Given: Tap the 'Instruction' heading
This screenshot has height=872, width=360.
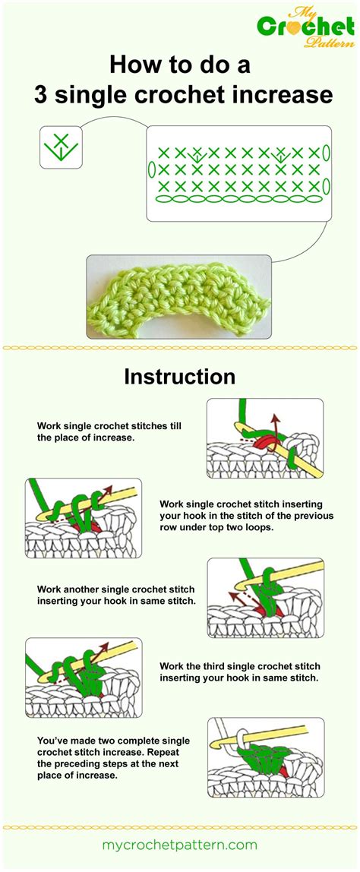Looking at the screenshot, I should point(180,377).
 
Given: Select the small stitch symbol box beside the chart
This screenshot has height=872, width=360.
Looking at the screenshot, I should point(61,147).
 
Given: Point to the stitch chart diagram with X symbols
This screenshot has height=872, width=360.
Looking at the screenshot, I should point(239,173).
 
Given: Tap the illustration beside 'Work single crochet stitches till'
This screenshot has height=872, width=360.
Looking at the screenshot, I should point(264,438).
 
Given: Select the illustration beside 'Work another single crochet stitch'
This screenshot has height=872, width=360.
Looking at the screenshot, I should point(265,598).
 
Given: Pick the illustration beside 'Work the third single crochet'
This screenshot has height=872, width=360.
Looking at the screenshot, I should point(84,675).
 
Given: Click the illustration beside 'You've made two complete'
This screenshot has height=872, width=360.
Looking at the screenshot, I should point(265,757).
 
